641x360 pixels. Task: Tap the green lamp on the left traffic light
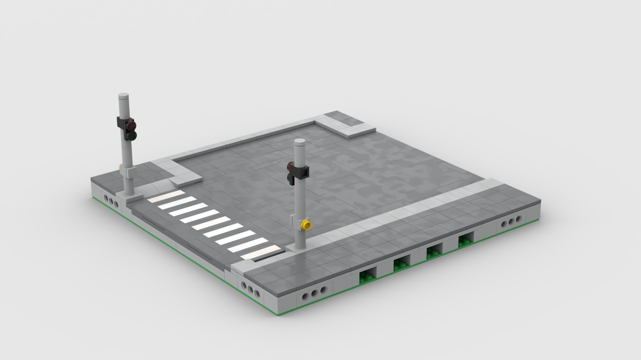coord(131,135)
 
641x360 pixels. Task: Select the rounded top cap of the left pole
coord(124,97)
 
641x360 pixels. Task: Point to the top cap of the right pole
coord(299,142)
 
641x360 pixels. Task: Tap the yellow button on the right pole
coord(306,225)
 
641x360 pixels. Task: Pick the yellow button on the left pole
coord(121,168)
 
